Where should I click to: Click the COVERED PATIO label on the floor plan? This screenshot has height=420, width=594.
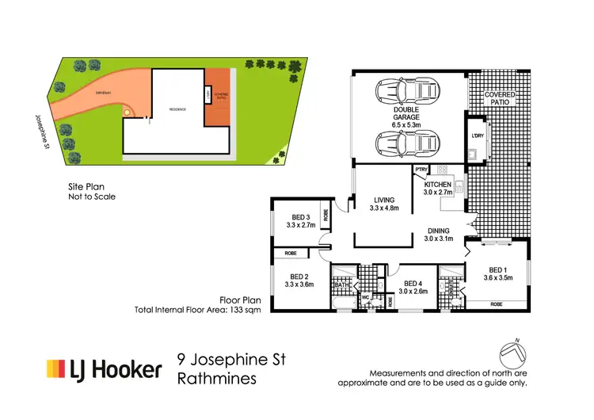pyautogui.click(x=500, y=99)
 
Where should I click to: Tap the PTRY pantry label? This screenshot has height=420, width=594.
pyautogui.click(x=420, y=170)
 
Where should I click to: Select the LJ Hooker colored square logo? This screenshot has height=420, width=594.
pyautogui.click(x=55, y=369)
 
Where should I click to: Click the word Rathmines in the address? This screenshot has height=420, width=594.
pyautogui.click(x=217, y=379)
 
